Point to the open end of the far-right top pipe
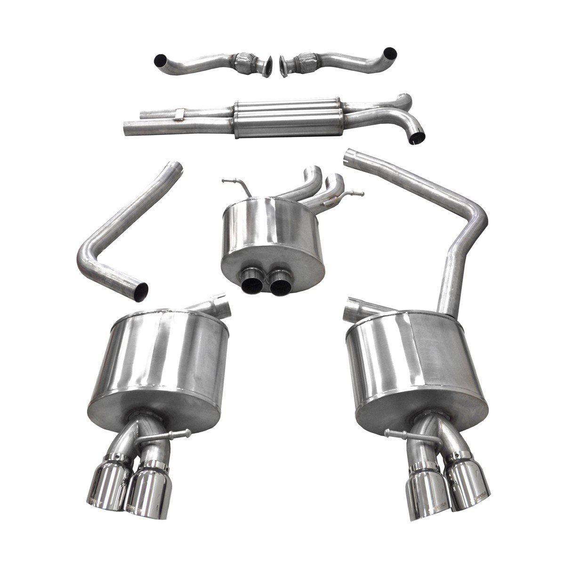pos(390,52)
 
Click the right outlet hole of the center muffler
pos(280,280)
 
